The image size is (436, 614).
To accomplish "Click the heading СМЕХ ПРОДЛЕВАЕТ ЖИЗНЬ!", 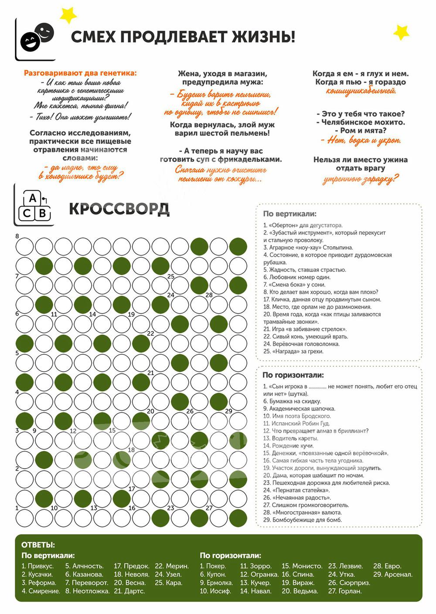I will coord(183,37).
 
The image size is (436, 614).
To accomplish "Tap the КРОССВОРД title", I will coord(119,209).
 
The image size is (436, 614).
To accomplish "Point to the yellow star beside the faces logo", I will coord(68,15).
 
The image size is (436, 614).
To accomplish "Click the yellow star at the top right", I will coord(401,32).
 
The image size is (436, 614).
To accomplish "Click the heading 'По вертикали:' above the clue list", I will coord(290,214).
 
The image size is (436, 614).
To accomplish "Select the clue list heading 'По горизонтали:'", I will coord(293,375).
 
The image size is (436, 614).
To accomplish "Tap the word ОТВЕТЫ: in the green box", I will coord(38,545).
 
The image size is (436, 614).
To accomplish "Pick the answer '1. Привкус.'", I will coord(37,566).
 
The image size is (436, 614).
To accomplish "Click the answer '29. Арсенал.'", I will coord(392,574).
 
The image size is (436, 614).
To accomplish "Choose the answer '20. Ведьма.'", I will coord(300,591).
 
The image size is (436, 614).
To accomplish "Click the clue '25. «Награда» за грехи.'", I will coord(293,351).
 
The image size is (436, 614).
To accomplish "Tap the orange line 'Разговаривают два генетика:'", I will coord(80,73).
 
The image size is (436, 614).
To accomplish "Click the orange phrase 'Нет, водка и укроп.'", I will coord(361,140).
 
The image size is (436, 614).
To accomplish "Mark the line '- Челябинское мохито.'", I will coord(361,122).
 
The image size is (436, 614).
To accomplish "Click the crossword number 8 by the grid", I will coord(17,236).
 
